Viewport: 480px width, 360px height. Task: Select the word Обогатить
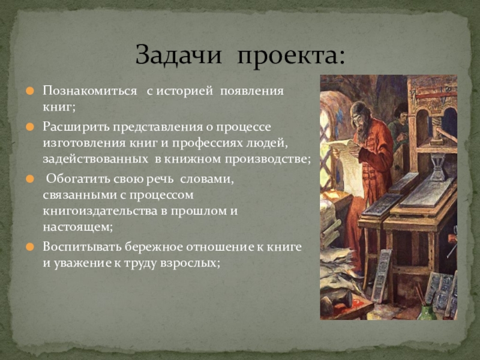point(77,179)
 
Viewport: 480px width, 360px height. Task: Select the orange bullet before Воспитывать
point(29,247)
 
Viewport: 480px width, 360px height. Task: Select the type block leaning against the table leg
point(382,275)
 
